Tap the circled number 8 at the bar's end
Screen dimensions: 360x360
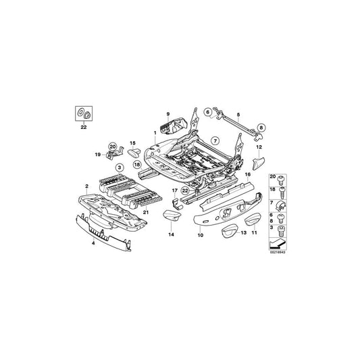point(261,126)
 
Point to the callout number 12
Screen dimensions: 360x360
point(259,146)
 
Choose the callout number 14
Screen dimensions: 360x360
point(171,234)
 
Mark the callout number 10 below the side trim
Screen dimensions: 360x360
point(200,235)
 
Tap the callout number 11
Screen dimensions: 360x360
point(255,232)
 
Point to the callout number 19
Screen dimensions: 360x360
point(97,155)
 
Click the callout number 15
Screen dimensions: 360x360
point(133,143)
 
